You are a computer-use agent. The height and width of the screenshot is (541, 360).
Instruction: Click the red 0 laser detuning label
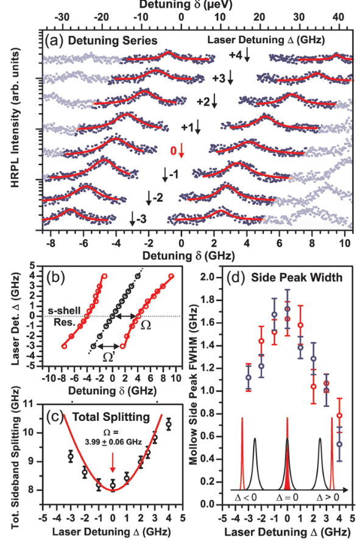pos(174,150)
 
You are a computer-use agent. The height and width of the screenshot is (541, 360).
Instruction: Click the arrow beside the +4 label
pos(247,55)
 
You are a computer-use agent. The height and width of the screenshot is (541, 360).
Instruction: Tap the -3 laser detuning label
pos(141,219)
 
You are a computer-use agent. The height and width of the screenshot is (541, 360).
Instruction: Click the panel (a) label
pos(54,40)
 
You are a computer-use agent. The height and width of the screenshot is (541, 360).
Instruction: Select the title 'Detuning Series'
pos(113,41)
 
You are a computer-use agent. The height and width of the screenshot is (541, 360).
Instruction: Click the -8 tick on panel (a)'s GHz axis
pos(51,243)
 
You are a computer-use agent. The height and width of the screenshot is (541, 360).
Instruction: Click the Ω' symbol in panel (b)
pos(108,358)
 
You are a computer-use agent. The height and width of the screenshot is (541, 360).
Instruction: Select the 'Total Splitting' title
pos(111,417)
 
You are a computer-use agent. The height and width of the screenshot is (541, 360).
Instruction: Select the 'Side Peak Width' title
pos(297,277)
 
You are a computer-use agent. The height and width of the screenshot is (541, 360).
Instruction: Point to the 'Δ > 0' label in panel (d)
pos(328,497)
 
